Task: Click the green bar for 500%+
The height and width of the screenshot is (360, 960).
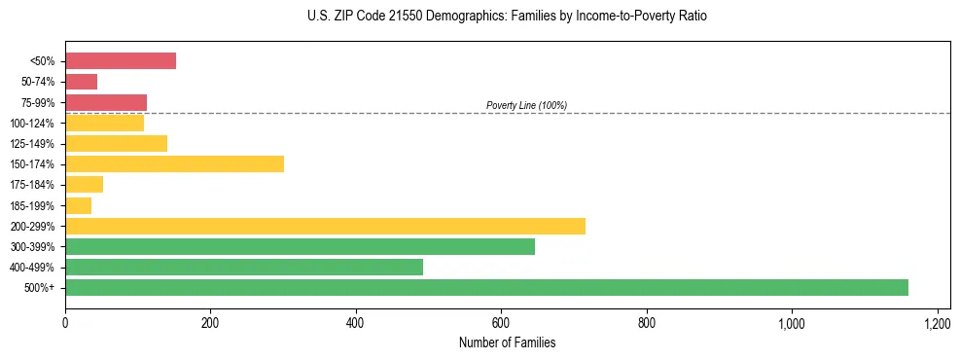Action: (x=486, y=287)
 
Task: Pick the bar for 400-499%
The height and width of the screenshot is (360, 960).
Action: (x=244, y=267)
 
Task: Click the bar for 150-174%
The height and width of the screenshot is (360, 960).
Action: (x=174, y=163)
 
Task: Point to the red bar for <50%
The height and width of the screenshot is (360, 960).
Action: (x=121, y=60)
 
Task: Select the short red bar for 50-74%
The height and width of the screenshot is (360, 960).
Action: (x=82, y=82)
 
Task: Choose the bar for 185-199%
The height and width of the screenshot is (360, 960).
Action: (x=79, y=205)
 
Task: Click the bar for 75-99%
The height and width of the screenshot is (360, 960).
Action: (x=106, y=102)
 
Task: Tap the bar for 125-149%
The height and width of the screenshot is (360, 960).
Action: (x=116, y=143)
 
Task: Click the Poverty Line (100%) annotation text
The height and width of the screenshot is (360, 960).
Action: (x=526, y=105)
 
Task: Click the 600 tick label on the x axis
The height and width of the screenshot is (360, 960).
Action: (x=501, y=323)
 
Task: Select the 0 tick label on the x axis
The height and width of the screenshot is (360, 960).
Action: (x=65, y=323)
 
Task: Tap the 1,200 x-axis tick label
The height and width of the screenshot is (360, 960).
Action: (x=937, y=323)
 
